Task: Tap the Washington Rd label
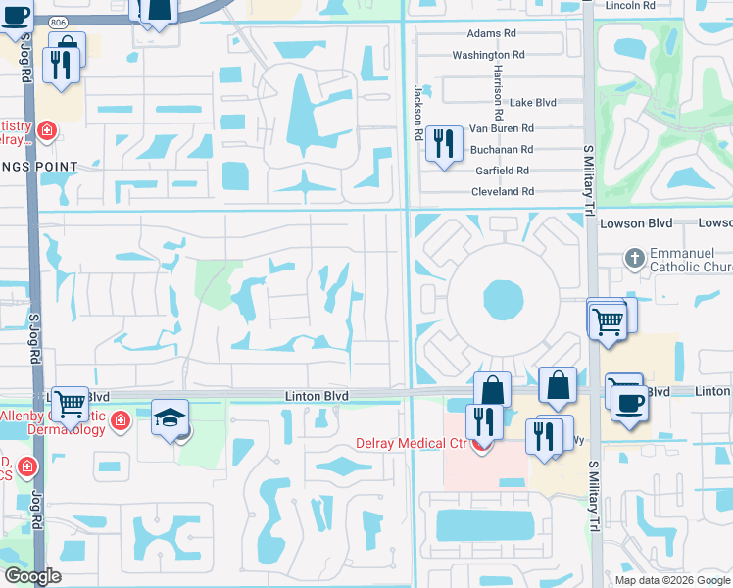[488, 55]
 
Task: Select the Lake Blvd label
[533, 102]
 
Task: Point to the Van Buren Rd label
[501, 128]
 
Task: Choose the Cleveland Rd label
[501, 192]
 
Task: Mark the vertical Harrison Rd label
[498, 87]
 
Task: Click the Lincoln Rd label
[630, 5]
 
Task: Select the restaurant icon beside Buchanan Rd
[444, 144]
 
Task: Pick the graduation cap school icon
[171, 418]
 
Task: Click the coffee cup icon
[628, 402]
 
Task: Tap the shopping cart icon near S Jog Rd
[70, 402]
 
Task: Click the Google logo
[31, 576]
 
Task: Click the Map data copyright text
[671, 580]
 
